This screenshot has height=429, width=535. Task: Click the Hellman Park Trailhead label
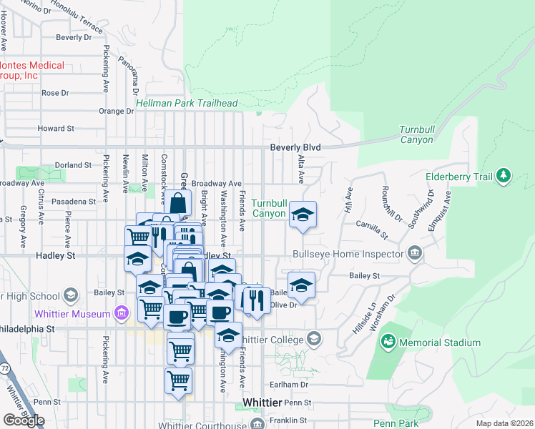[187, 104]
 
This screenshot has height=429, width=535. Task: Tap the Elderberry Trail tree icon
[504, 175]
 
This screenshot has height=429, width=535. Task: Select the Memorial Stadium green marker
[388, 342]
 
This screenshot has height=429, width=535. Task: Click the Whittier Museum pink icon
[120, 314]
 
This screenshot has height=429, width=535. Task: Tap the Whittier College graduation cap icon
[313, 340]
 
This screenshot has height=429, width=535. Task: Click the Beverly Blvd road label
[295, 147]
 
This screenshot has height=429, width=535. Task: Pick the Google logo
[24, 420]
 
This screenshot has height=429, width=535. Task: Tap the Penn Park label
[396, 423]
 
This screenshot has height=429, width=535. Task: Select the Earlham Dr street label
[293, 384]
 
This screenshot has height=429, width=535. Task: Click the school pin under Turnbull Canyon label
[303, 215]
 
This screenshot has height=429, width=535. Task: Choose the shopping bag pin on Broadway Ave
[180, 203]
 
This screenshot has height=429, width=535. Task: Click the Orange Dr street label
[112, 111]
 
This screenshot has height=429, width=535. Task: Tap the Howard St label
[56, 129]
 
